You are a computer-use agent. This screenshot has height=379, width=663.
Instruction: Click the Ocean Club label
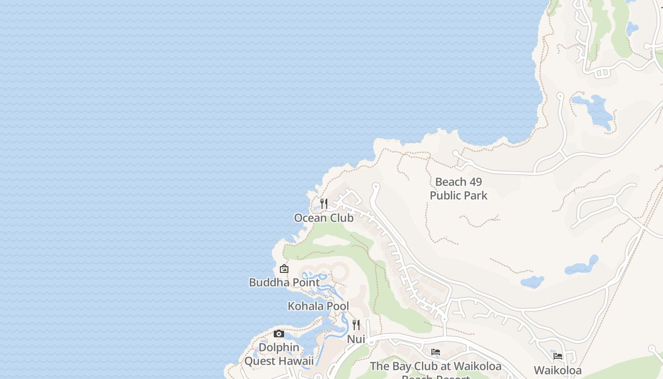[x=323, y=218]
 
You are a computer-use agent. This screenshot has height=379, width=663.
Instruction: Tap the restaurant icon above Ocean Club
[x=324, y=204]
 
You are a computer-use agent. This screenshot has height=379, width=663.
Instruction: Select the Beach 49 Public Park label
[x=458, y=189]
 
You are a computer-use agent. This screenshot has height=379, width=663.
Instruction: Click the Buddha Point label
[x=284, y=282]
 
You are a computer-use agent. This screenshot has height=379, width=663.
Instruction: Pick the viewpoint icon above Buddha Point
[x=284, y=269]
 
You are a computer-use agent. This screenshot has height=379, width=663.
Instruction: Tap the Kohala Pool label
[x=318, y=306]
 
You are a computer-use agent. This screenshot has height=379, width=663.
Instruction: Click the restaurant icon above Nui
[x=356, y=325]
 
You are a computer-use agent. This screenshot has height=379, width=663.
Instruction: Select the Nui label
[x=356, y=339]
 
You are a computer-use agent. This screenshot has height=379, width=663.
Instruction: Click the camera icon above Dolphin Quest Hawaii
[x=279, y=334]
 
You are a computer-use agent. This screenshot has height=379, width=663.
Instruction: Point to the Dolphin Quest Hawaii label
[x=279, y=354]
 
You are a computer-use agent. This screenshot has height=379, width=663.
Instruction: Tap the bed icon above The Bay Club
[x=436, y=352]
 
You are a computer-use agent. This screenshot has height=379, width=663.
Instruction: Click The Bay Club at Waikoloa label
[x=436, y=366]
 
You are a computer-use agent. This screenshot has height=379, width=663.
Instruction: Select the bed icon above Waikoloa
[x=558, y=356]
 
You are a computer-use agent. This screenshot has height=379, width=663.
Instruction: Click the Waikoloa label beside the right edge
[x=558, y=370]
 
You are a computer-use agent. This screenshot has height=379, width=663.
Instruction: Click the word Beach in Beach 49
[x=451, y=182]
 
